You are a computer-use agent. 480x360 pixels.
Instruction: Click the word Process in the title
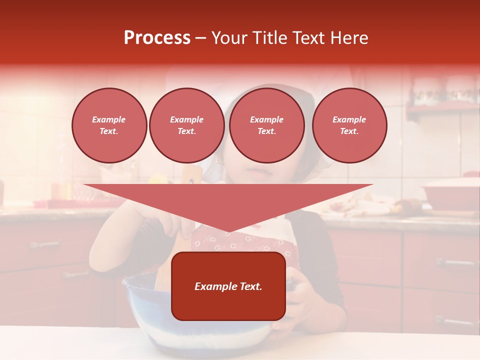[157, 38]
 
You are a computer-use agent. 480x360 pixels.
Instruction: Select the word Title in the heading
[270, 38]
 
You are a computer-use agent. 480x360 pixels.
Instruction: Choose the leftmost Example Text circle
[109, 125]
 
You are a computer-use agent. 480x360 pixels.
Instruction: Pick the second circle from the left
[186, 125]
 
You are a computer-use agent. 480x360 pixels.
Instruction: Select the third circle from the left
[266, 125]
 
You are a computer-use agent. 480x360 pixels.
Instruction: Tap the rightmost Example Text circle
[349, 125]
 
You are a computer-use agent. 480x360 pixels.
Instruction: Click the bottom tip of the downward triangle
[228, 231]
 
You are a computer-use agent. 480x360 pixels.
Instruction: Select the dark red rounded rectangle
[228, 305]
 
